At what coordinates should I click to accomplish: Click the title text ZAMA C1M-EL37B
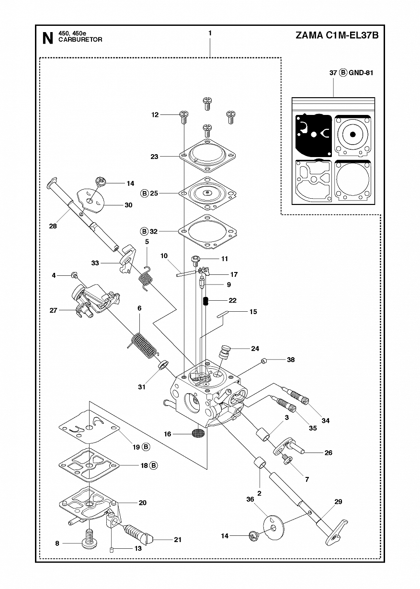[337, 35]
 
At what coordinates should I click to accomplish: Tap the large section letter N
[47, 38]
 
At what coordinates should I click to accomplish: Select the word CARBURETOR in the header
[80, 40]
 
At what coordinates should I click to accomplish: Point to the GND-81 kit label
[361, 73]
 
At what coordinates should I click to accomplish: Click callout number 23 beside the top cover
[154, 157]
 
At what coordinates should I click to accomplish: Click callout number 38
[291, 360]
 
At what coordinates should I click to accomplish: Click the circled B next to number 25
[144, 193]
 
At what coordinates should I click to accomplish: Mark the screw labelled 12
[184, 116]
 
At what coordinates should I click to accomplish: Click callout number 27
[53, 310]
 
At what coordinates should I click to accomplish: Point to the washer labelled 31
[163, 365]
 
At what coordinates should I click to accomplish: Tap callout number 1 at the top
[210, 33]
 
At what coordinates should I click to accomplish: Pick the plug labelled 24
[225, 351]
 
